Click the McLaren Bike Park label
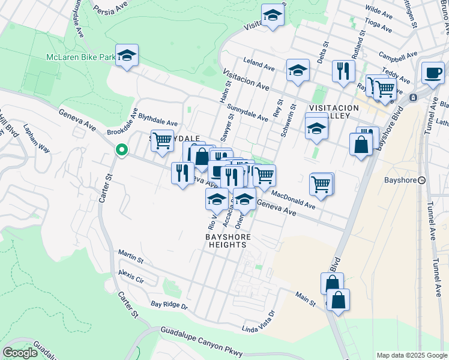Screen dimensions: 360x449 click(81, 58)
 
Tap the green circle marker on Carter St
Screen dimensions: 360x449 click(122, 150)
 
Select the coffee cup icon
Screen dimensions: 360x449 click(432, 73)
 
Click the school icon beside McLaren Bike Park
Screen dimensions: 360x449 click(127, 56)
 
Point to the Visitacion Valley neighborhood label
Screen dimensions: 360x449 click(333, 112)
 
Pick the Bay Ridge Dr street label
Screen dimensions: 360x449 click(169, 305)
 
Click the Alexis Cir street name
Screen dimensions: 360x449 click(131, 276)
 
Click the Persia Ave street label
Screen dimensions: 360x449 click(112, 10)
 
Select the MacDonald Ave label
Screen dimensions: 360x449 click(293, 200)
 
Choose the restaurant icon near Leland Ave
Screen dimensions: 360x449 click(343, 71)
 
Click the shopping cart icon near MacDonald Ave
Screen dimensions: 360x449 click(321, 184)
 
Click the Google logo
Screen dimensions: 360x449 click(20, 352)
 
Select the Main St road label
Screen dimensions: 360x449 click(305, 298)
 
